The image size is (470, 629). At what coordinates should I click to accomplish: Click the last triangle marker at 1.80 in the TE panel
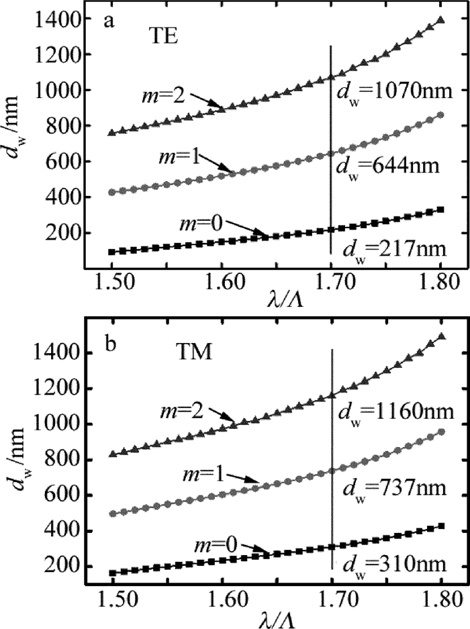(440, 20)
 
